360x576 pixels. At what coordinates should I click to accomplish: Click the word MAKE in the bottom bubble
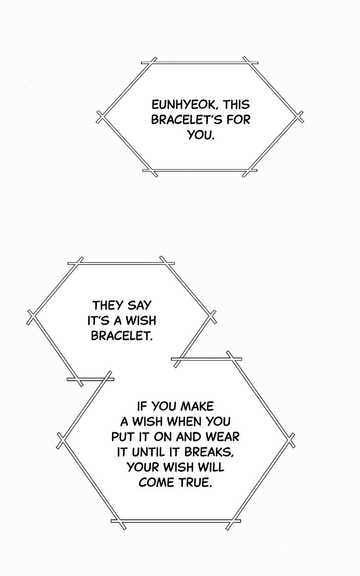tap(198, 406)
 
